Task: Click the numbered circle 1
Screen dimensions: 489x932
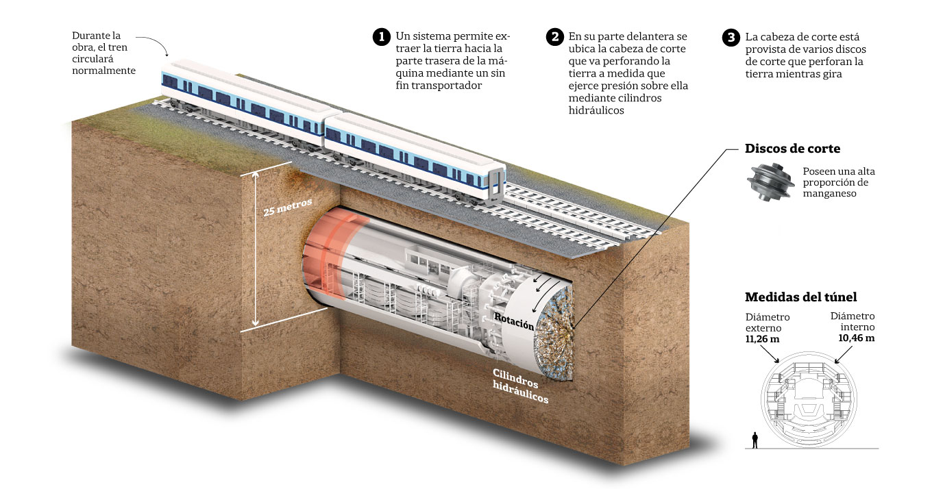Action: (x=381, y=36)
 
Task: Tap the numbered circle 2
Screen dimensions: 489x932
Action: (x=554, y=36)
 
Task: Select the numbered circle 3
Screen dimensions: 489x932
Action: (x=731, y=36)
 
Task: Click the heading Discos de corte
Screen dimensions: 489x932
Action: (x=792, y=149)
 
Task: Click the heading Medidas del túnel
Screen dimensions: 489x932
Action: (x=800, y=297)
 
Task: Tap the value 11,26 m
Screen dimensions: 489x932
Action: (x=763, y=339)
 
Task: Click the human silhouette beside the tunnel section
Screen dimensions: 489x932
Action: (x=755, y=440)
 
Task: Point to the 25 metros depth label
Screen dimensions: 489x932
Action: (x=288, y=204)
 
